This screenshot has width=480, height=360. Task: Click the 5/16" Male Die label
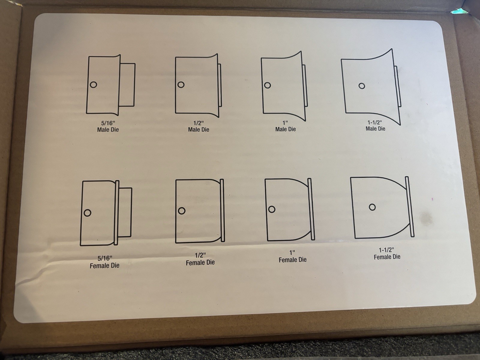108,126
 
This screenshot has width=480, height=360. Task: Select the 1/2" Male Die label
199,126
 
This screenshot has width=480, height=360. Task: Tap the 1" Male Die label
285,126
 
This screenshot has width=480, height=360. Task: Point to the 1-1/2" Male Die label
375,125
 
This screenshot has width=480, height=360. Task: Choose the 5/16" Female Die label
104,262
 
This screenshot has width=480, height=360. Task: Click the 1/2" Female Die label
200,259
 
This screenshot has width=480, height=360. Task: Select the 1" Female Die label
292,256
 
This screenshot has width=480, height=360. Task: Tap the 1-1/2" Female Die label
387,253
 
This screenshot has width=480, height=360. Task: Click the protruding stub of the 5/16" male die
127,85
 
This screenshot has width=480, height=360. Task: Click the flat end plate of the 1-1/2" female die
409,207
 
